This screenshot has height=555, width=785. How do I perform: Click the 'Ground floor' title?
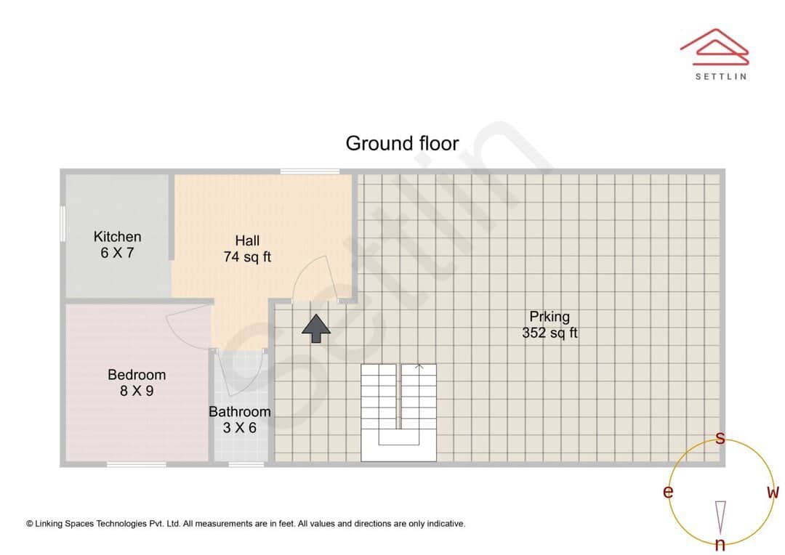pyautogui.click(x=402, y=143)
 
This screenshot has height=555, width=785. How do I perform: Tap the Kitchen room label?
pyautogui.click(x=117, y=237)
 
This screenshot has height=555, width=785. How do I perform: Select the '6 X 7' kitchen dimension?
pyautogui.click(x=117, y=253)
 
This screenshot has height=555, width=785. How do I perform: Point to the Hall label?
pyautogui.click(x=247, y=241)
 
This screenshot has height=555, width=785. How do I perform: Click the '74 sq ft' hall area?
pyautogui.click(x=247, y=256)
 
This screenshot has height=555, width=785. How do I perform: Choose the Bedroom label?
pyautogui.click(x=137, y=375)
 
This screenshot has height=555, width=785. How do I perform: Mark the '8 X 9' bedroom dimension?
pyautogui.click(x=137, y=391)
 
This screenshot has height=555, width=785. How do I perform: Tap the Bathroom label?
pyautogui.click(x=239, y=412)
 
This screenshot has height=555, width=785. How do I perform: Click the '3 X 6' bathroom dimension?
pyautogui.click(x=239, y=428)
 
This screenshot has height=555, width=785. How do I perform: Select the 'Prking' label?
pyautogui.click(x=549, y=317)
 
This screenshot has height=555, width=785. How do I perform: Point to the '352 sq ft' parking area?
pyautogui.click(x=549, y=333)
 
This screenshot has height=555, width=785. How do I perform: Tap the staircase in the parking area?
pyautogui.click(x=399, y=411)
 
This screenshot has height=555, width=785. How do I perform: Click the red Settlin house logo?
pyautogui.click(x=714, y=45)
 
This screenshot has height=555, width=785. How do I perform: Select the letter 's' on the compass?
pyautogui.click(x=720, y=438)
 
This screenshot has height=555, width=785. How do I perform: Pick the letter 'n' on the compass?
pyautogui.click(x=720, y=544)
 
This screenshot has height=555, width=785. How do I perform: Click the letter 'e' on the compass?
pyautogui.click(x=668, y=492)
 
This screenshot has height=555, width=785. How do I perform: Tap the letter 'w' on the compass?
pyautogui.click(x=773, y=493)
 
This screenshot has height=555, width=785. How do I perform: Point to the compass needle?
pyautogui.click(x=720, y=516)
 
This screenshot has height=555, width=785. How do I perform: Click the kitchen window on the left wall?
pyautogui.click(x=63, y=222)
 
